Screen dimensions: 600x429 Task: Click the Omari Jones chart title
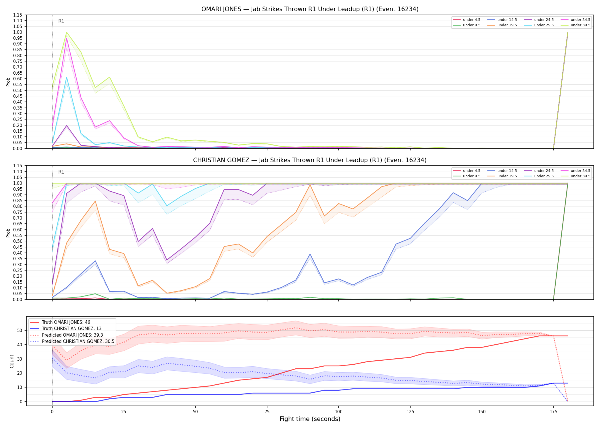tap(310, 9)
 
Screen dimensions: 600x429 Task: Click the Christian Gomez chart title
tap(310, 160)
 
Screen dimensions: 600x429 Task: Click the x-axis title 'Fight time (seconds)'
tap(310, 419)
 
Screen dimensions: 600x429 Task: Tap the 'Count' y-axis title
tap(12, 361)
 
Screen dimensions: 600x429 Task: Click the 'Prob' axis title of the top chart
tap(8, 82)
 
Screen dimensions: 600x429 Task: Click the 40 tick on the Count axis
tap(20, 345)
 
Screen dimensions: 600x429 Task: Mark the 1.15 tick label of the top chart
tap(17, 15)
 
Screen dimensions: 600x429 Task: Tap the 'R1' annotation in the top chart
tap(61, 21)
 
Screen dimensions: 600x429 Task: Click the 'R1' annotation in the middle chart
tap(61, 172)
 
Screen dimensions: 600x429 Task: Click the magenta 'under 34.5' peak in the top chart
tap(67, 38)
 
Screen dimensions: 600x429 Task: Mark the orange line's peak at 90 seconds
tap(310, 185)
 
